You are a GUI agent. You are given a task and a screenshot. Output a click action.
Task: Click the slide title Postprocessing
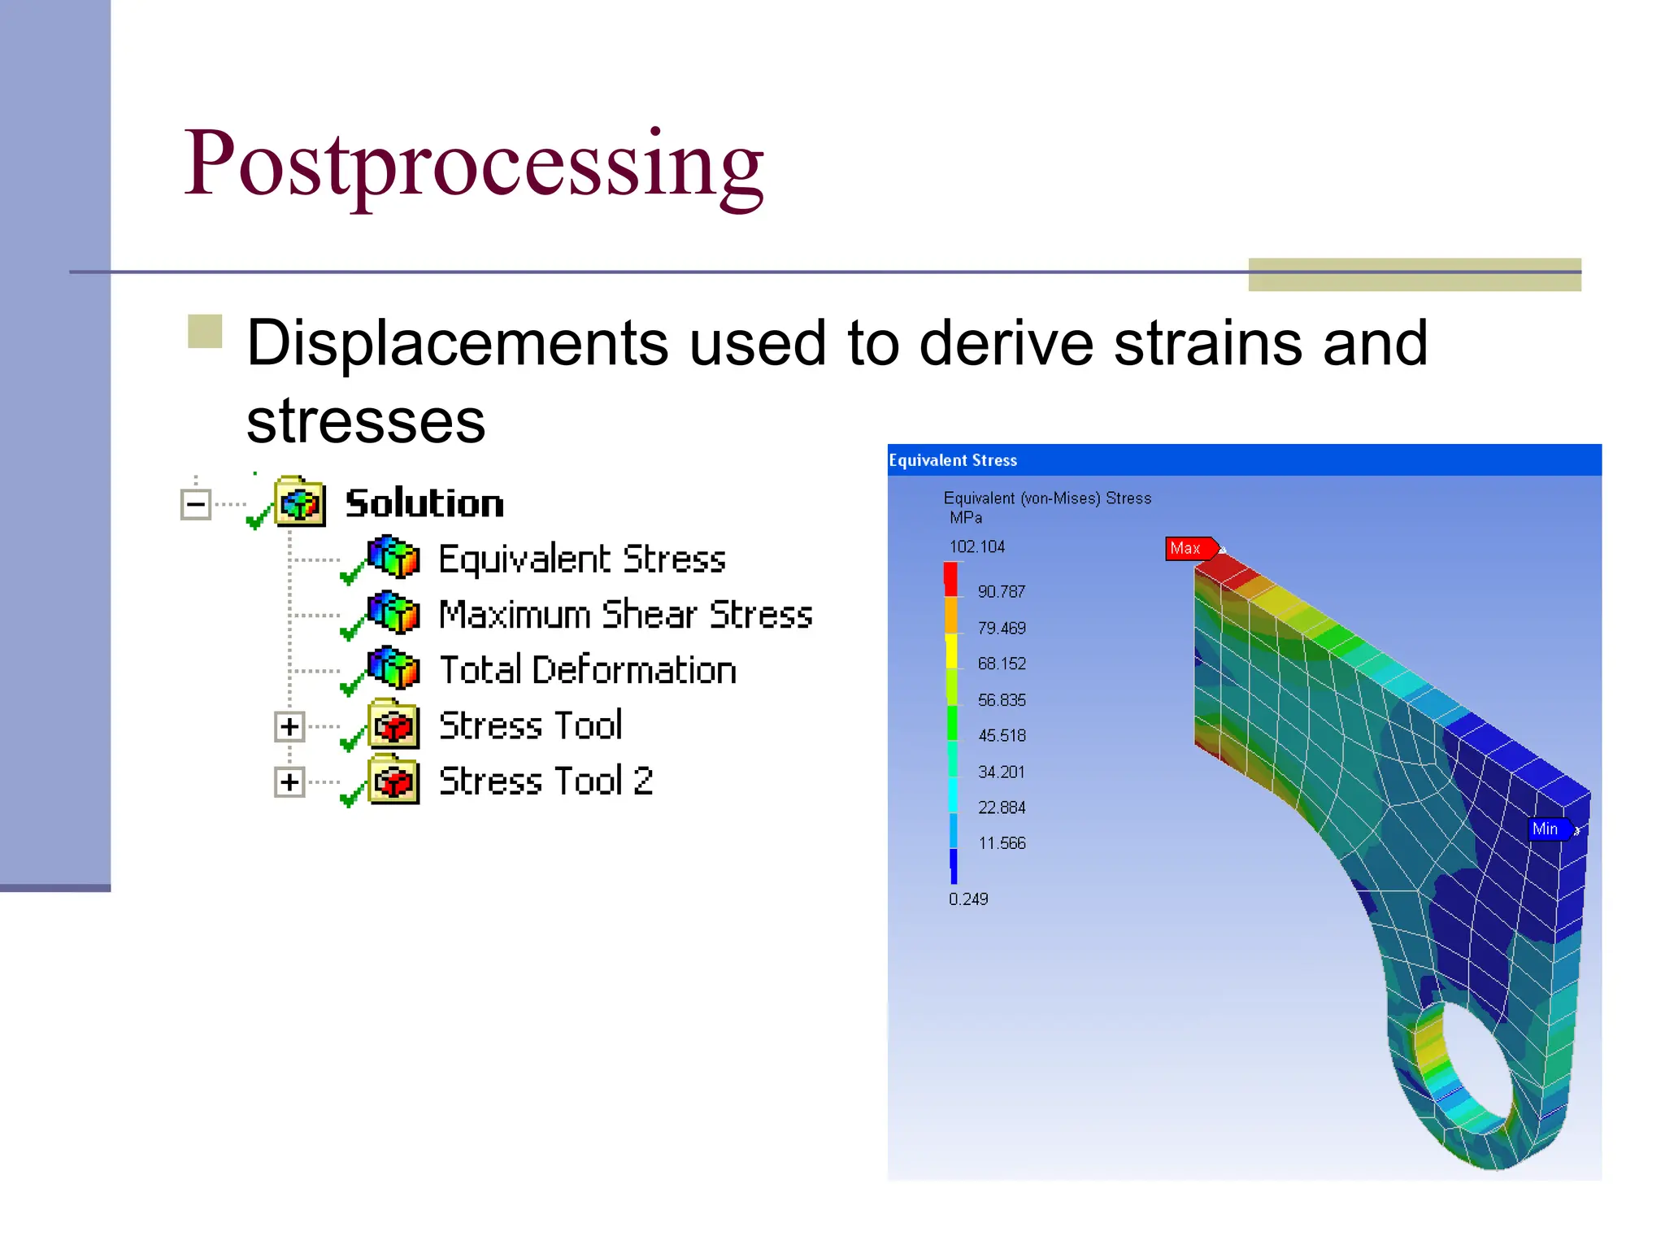[473, 165]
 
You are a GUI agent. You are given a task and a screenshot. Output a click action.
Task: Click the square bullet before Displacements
[205, 332]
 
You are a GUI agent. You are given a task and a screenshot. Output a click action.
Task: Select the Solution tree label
[424, 503]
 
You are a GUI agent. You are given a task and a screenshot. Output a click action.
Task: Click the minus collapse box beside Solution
[196, 504]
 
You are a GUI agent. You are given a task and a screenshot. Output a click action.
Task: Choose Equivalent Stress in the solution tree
[581, 559]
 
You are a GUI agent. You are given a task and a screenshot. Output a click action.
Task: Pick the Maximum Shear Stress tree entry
[625, 615]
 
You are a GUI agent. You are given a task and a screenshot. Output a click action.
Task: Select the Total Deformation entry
[587, 670]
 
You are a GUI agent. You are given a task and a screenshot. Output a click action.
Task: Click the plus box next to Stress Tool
[289, 726]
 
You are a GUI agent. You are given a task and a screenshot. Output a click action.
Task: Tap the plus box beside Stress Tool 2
[289, 782]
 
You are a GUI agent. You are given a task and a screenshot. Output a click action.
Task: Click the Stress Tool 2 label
[546, 781]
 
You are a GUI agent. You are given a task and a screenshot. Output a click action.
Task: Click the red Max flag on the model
[1189, 549]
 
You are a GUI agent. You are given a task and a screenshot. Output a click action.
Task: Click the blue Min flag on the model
[1546, 829]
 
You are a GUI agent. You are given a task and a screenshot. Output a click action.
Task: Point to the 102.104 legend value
[976, 546]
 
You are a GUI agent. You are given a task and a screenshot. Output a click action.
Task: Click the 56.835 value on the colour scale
[1001, 700]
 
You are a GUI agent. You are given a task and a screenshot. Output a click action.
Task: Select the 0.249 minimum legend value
[967, 899]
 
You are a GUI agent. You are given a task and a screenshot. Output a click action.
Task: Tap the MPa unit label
[965, 518]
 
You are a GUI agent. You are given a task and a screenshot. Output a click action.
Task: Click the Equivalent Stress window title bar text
[952, 460]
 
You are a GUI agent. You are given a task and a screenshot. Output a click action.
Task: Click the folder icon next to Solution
[300, 502]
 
